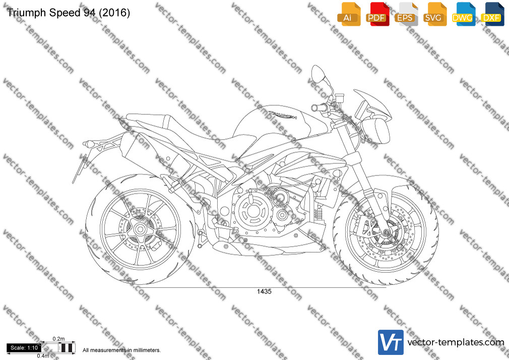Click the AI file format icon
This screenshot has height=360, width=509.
349,15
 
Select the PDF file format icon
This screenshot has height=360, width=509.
377,15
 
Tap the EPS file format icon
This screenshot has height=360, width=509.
406,15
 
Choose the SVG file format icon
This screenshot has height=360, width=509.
434,15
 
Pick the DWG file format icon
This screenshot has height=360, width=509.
464,15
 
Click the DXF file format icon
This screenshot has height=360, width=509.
492,15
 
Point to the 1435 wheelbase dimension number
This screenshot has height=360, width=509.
264,291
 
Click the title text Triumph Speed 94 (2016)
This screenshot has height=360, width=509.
68,13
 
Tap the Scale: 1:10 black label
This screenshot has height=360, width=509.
24,348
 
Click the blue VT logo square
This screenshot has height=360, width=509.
391,342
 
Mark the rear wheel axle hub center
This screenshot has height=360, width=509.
140,229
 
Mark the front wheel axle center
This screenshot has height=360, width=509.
386,232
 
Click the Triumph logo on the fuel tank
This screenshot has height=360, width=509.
282,114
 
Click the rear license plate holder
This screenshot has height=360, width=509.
80,168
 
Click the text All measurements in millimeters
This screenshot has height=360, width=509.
121,350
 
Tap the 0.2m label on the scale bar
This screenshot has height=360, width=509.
58,339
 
